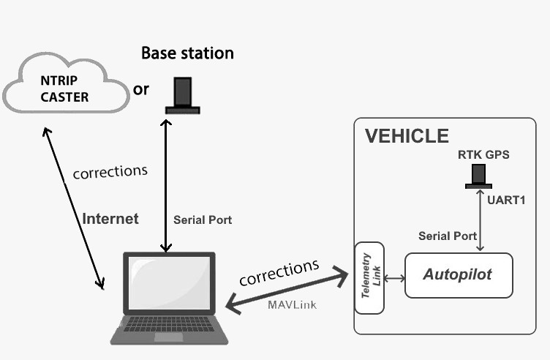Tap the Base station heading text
(187, 53)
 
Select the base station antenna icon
(182, 96)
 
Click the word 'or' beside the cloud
(141, 89)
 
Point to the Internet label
(110, 218)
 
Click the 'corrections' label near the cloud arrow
(110, 173)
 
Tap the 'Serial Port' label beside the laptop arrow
(203, 220)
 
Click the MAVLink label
(293, 304)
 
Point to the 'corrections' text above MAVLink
(279, 271)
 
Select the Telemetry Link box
(369, 277)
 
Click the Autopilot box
(459, 275)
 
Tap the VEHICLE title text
(407, 136)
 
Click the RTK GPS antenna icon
(478, 176)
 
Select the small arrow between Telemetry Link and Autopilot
(395, 278)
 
